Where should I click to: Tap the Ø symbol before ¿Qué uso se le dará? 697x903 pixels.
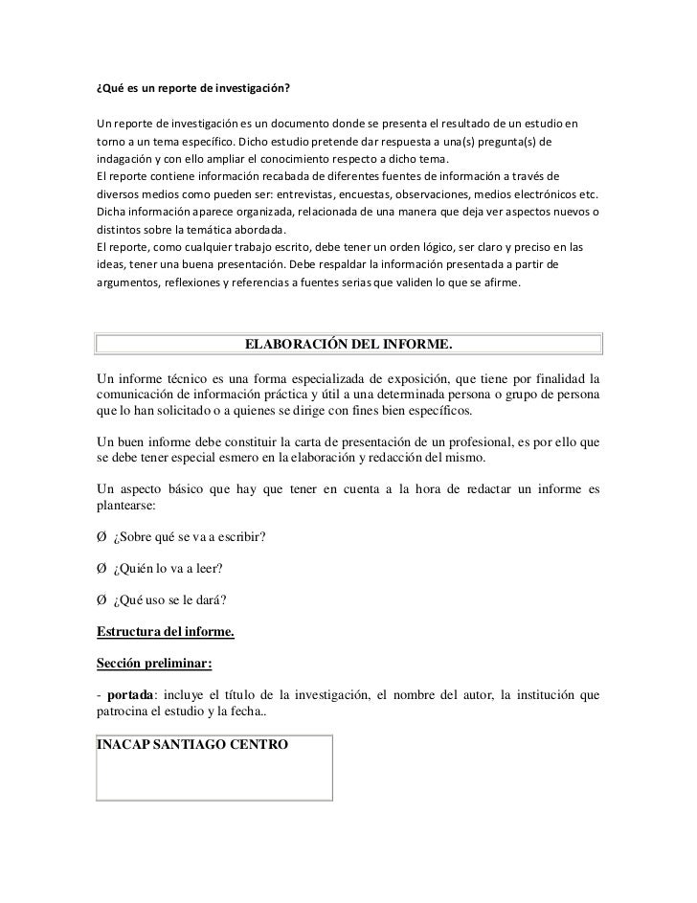pyautogui.click(x=101, y=600)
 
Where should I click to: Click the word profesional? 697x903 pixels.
pyautogui.click(x=521, y=441)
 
